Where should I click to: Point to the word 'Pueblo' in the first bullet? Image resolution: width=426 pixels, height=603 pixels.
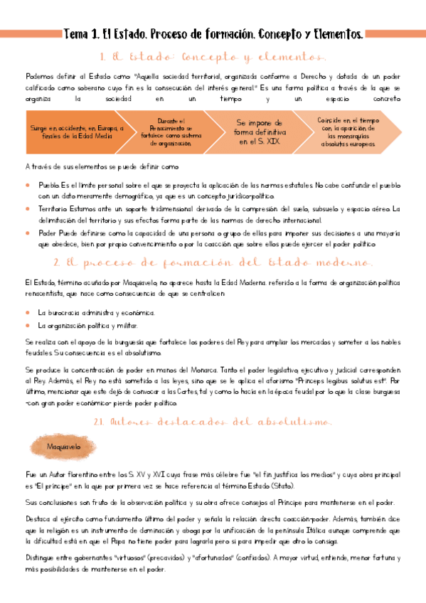[x=49, y=185]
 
